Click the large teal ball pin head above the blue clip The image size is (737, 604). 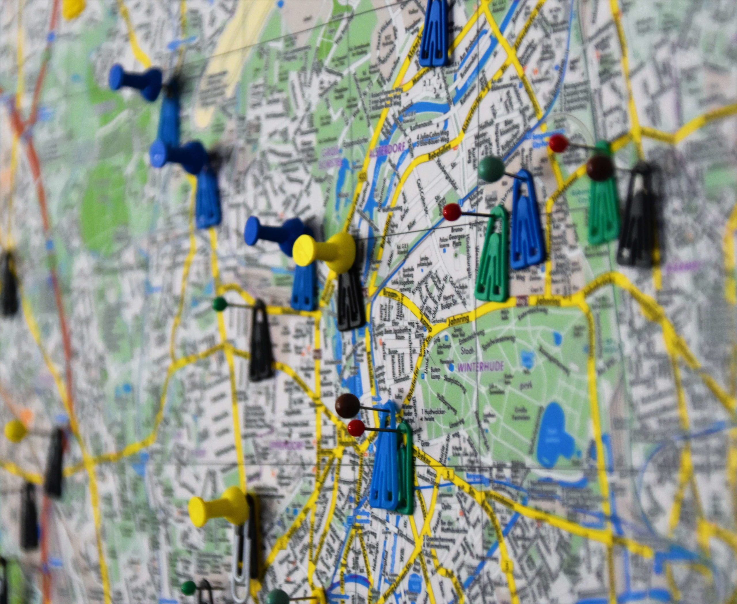491,169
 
